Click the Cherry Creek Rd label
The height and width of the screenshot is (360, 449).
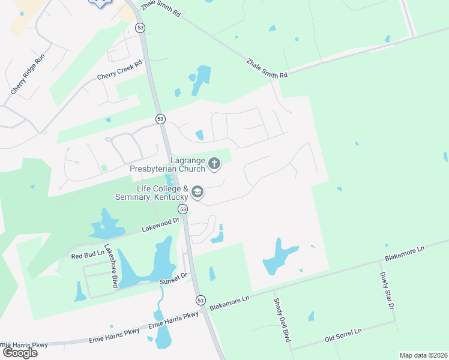pyautogui.click(x=120, y=70)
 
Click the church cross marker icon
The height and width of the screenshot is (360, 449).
pyautogui.click(x=214, y=163)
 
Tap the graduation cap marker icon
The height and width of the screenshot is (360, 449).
pyautogui.click(x=197, y=193)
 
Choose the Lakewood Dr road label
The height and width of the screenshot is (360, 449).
pyautogui.click(x=161, y=224)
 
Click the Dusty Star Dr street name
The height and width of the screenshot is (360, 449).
pyautogui.click(x=387, y=291)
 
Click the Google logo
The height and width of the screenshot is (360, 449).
pyautogui.click(x=20, y=353)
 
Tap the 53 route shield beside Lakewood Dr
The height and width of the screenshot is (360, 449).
pyautogui.click(x=183, y=209)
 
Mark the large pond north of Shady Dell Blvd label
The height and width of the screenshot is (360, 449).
pyautogui.click(x=279, y=256)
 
